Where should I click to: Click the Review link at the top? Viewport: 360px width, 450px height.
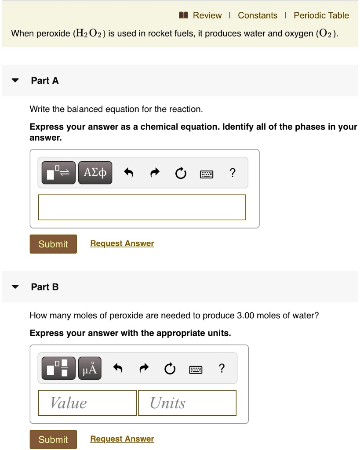click(x=207, y=15)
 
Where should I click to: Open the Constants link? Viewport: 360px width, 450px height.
click(x=258, y=15)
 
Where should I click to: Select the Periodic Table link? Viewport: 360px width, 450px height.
click(x=321, y=15)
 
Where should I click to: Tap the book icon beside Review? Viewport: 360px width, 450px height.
click(x=183, y=15)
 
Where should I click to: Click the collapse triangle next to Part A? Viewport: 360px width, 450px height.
click(x=16, y=81)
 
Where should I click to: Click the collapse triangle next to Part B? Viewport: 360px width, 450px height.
click(x=16, y=287)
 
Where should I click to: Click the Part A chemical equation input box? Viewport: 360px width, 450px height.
click(x=142, y=207)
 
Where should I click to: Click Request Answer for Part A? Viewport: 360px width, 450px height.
click(x=122, y=243)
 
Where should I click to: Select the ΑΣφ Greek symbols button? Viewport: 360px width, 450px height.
click(x=95, y=173)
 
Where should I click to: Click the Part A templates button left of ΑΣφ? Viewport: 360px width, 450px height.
click(x=59, y=173)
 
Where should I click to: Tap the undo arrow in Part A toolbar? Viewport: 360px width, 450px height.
click(x=128, y=173)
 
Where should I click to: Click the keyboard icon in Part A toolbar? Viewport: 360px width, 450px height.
click(x=207, y=174)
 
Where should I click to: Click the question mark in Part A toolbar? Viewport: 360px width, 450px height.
click(x=233, y=173)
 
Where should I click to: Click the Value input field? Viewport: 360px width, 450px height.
click(x=87, y=403)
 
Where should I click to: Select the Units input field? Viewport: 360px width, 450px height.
click(x=187, y=403)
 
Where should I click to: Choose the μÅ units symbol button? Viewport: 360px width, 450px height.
click(x=90, y=368)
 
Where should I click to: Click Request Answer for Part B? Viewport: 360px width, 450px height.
click(x=122, y=439)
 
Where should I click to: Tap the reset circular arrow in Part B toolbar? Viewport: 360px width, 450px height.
click(x=169, y=369)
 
